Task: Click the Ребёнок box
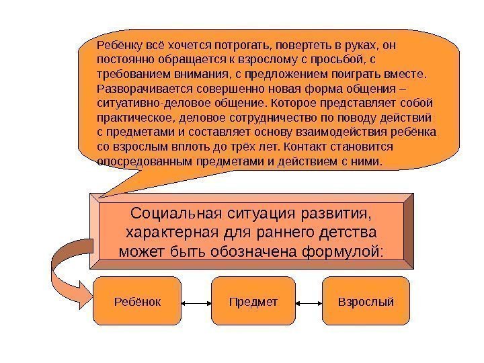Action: tap(138, 302)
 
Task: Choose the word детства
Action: tap(346, 233)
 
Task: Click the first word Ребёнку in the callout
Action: tap(119, 45)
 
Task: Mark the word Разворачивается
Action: tap(138, 89)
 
